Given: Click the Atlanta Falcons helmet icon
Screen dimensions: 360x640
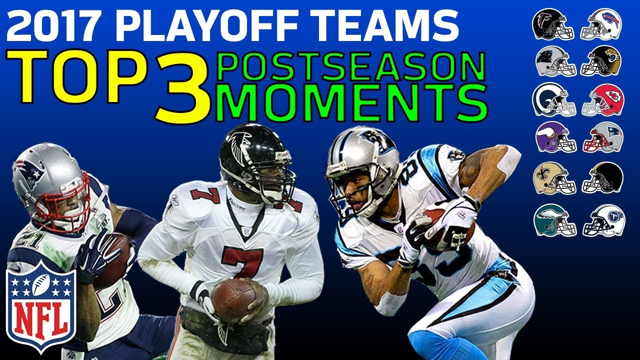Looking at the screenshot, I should [x=553, y=24].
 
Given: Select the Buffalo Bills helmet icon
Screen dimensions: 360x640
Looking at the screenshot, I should [x=601, y=24].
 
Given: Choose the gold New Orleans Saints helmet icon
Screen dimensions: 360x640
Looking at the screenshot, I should [x=553, y=178].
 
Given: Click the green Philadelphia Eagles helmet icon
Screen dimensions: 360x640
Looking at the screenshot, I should [x=553, y=220].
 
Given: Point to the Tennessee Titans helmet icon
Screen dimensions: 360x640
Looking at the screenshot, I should [x=602, y=220].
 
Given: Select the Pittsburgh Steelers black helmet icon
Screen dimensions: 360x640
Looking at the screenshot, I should [x=603, y=178].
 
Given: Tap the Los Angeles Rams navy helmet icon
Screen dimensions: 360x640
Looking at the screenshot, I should [x=553, y=99].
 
